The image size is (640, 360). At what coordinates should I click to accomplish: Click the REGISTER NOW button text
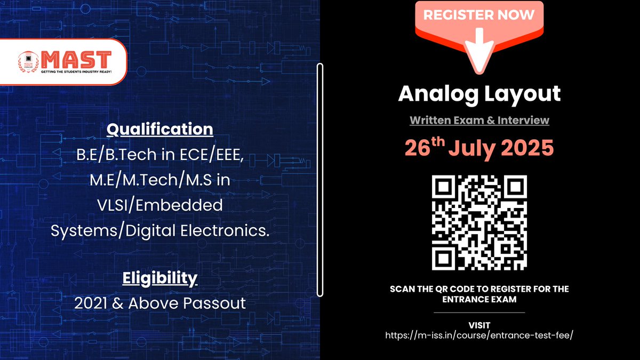point(479,15)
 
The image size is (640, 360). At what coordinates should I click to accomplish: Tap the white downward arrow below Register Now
point(479,51)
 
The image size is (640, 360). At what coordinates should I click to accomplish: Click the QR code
point(479,222)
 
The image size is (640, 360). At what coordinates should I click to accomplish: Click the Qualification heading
point(159,130)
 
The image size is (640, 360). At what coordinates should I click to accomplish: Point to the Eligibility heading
point(159,278)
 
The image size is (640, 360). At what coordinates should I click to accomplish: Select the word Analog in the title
point(435,94)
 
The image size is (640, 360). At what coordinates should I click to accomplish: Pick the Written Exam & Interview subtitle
point(479,121)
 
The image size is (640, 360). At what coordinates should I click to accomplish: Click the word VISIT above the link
point(479,325)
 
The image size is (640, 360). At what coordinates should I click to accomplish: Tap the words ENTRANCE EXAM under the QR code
point(479,300)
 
